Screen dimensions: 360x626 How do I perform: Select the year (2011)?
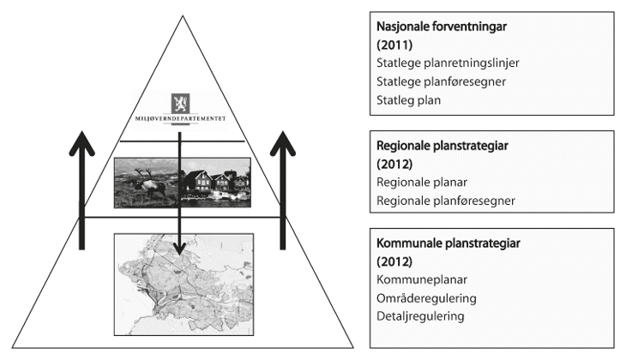point(396,45)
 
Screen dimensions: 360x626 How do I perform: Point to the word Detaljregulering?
point(420,316)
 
